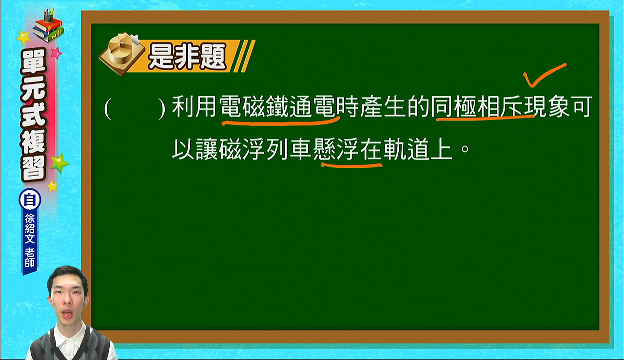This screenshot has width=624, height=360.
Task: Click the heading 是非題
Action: click(x=187, y=57)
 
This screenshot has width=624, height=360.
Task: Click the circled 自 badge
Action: click(x=30, y=200)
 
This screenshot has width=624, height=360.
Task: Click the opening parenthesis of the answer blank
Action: click(x=108, y=108)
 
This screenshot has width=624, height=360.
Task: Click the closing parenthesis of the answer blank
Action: click(x=161, y=108)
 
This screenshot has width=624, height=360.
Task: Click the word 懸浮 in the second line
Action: click(x=336, y=150)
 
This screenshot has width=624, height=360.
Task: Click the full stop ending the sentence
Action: click(x=465, y=148)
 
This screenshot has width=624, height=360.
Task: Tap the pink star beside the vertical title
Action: click(x=56, y=53)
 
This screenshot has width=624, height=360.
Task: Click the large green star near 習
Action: click(x=59, y=163)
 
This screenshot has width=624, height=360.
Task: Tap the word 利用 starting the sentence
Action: click(x=195, y=107)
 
